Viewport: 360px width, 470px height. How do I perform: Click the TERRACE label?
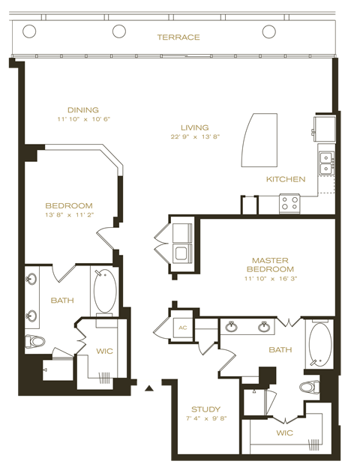coord(178,37)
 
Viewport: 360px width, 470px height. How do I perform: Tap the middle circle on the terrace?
coord(119,31)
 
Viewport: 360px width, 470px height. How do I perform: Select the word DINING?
coord(82,109)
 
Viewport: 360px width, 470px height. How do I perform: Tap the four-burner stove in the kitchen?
coord(289,202)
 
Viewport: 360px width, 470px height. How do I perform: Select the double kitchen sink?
coord(326,163)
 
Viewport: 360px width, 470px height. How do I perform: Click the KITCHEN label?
coord(286,179)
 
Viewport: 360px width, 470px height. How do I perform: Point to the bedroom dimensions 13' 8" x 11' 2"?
coord(68,215)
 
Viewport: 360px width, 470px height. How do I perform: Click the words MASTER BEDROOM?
coord(272,265)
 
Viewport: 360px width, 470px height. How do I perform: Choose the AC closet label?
coord(181,328)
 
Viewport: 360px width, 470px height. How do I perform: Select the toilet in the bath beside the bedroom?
coord(34,342)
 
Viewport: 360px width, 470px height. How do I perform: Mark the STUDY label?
coord(205,409)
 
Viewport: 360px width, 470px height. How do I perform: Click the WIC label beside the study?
coord(283,433)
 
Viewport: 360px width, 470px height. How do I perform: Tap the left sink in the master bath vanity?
coord(232,327)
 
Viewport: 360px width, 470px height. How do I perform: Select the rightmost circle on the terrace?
coord(269,31)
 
